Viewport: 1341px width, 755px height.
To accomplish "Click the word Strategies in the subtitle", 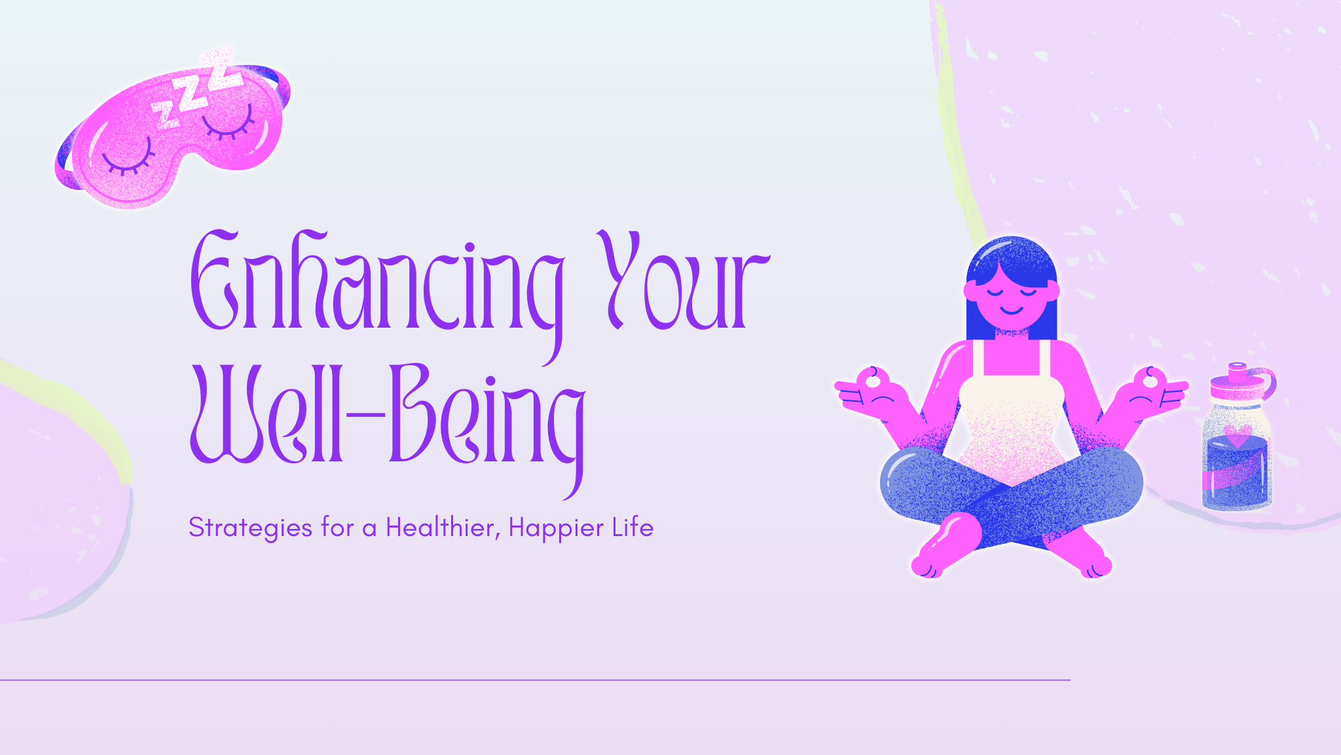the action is click(250, 528).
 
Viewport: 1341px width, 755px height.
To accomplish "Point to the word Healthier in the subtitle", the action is click(440, 527).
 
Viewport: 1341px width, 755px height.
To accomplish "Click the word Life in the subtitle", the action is click(633, 527).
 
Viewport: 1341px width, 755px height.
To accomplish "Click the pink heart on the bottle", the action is click(1238, 435).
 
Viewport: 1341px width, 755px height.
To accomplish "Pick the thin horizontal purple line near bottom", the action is click(535, 680).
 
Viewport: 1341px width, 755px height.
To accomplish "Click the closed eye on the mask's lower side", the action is click(128, 163).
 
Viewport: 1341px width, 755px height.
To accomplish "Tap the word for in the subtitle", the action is click(338, 527).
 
